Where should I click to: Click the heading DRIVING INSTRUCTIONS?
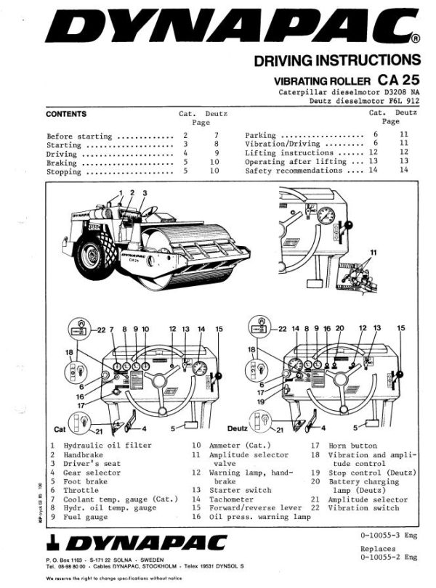336,60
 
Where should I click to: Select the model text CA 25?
398,80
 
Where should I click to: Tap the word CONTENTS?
66,114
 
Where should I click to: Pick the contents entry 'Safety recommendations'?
291,171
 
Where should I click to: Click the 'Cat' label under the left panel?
60,429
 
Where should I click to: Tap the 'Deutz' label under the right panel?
238,429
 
